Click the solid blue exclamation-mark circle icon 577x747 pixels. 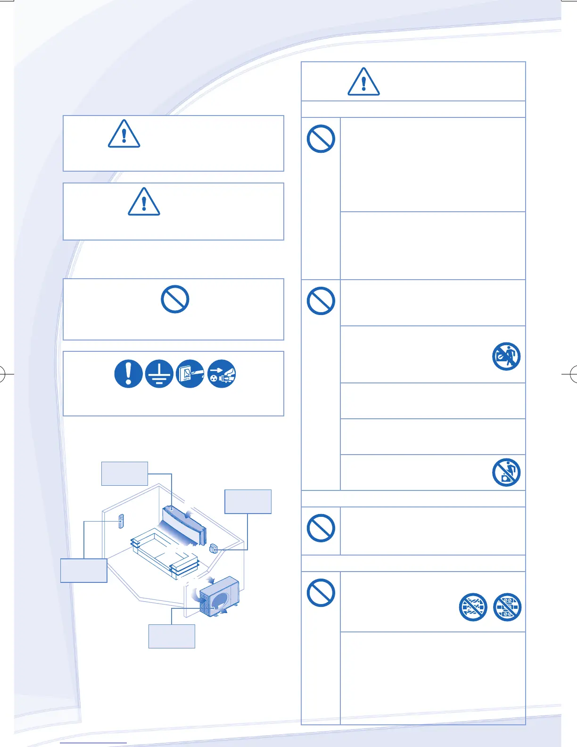coord(128,374)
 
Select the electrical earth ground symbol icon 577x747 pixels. coord(159,374)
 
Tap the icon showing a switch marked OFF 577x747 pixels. coord(190,374)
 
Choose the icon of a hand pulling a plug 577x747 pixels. coord(222,374)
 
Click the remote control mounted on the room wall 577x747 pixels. coord(121,521)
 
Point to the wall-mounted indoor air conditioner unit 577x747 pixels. coord(185,523)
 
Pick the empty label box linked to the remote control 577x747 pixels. coord(84,570)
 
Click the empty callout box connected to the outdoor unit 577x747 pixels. coord(172,636)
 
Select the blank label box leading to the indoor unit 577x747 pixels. coord(124,473)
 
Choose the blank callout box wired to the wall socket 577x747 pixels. coord(248,501)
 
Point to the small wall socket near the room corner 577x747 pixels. coord(213,548)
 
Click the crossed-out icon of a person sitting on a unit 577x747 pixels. coord(506,472)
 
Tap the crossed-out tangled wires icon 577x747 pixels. coord(473,607)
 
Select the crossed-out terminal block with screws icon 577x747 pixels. coord(507,607)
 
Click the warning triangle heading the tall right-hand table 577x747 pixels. coord(363,82)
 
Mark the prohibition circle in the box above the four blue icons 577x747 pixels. coord(175,299)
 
